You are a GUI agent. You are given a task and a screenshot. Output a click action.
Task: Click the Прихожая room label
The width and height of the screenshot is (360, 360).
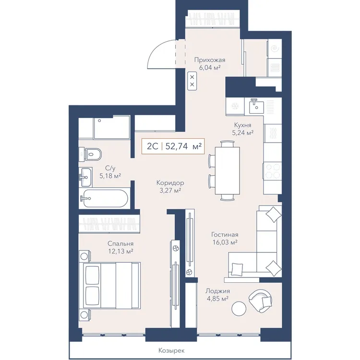tap(210, 60)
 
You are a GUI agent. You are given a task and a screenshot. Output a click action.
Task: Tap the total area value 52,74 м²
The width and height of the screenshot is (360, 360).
tap(183, 146)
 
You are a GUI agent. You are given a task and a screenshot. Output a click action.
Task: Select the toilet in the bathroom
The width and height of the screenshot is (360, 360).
tap(91, 154)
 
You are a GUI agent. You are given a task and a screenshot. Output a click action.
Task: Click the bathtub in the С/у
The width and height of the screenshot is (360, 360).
tap(104, 198)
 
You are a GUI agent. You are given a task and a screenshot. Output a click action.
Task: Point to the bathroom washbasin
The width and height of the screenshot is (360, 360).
tap(85, 177)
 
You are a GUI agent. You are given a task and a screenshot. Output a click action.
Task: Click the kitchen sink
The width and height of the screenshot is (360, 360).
tap(256, 107)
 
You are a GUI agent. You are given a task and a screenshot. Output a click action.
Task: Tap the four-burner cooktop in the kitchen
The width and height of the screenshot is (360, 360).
tap(273, 170)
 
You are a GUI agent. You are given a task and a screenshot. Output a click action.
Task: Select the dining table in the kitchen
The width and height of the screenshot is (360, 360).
tap(228, 170)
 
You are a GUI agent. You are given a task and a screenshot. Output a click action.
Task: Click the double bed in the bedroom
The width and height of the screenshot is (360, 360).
tap(109, 286)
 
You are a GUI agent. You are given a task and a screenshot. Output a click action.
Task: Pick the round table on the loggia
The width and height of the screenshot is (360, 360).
tap(239, 308)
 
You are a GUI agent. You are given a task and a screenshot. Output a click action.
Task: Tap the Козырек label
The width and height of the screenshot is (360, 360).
tap(171, 350)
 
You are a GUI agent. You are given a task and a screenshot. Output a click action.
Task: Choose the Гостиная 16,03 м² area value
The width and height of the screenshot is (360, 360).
tap(225, 242)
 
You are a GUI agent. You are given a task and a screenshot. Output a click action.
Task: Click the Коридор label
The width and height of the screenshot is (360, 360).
tap(170, 183)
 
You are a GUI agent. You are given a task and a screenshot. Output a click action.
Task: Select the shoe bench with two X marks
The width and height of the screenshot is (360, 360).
tap(192, 81)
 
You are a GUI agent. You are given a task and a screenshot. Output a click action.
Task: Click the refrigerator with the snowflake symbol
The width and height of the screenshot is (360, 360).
tap(235, 106)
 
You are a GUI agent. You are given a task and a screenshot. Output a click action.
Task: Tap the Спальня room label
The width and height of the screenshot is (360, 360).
tap(120, 243)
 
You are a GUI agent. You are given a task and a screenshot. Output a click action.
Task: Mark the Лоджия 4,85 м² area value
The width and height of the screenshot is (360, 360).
tap(217, 299)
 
